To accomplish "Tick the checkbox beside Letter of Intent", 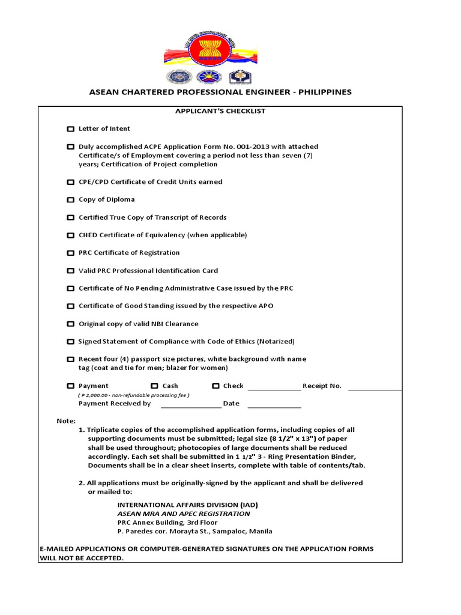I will (70, 129).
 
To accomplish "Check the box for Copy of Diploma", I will (70, 200).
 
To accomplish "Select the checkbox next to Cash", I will (154, 386).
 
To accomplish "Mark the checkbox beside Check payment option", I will (215, 386).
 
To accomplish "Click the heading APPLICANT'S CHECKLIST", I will (220, 111).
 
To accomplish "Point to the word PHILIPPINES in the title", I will (324, 92).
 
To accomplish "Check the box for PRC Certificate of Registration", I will (70, 253).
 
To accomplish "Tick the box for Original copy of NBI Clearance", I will (70, 324).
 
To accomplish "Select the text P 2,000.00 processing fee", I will (133, 395).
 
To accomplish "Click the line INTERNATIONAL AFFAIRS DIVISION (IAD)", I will (187, 504).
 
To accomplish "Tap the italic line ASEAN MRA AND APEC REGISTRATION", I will (183, 514).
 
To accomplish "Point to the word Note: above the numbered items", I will (66, 421).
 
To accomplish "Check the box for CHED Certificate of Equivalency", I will (70, 235).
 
